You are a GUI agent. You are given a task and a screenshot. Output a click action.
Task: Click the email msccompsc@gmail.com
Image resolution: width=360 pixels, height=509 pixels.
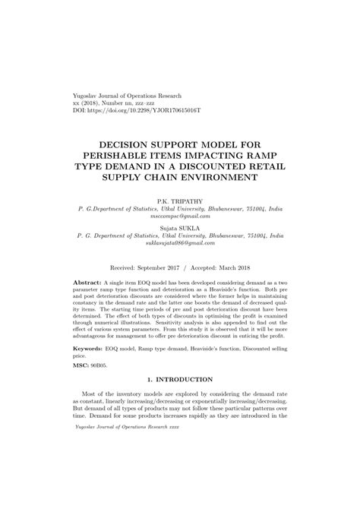(x=181, y=217)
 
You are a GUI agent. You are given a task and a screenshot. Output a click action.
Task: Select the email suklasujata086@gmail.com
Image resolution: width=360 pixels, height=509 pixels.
(x=181, y=245)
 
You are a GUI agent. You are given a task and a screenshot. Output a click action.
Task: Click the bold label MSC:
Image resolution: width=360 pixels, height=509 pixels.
(x=82, y=366)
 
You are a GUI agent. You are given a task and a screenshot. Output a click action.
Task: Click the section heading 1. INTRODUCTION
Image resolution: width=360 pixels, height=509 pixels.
(x=181, y=386)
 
